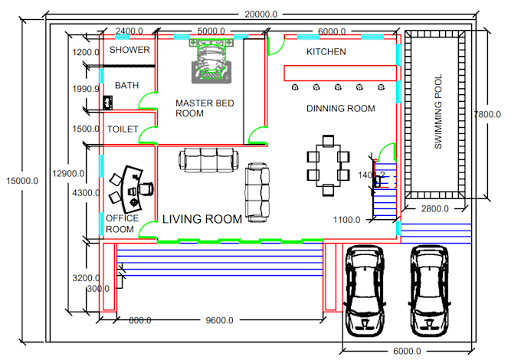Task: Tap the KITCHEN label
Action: tap(326, 52)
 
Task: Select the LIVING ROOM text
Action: tap(202, 219)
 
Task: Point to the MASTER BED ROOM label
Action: tap(204, 108)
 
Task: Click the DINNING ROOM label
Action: tap(341, 109)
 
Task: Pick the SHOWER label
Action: tap(129, 50)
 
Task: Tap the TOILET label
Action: tap(123, 129)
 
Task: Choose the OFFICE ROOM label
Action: tap(122, 224)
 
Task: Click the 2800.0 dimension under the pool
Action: tap(434, 209)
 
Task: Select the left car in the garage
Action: tap(367, 291)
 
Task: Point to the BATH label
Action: tap(126, 86)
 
